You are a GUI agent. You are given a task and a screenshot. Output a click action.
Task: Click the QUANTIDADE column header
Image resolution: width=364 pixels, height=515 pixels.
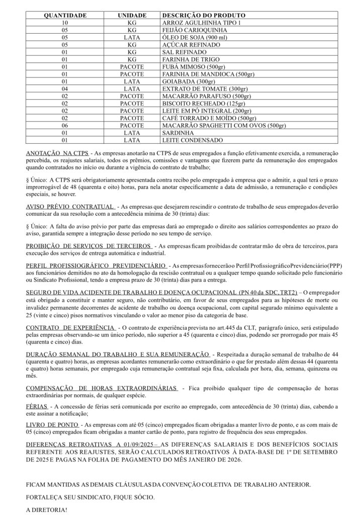(65, 16)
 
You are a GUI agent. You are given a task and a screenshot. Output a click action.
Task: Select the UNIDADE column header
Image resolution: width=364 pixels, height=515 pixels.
(132, 16)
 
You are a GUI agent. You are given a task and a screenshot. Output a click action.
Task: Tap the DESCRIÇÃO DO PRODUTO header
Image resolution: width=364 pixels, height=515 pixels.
(204, 16)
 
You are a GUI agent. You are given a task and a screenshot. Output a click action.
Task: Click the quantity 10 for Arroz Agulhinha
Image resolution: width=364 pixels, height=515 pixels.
(65, 23)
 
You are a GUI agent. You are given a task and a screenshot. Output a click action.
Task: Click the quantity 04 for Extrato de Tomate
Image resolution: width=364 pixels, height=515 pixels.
(65, 89)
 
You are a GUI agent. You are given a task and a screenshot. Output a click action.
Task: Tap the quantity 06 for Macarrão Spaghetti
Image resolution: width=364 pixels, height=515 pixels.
(65, 125)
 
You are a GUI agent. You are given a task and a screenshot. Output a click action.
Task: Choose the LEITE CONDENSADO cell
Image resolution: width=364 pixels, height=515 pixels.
(192, 140)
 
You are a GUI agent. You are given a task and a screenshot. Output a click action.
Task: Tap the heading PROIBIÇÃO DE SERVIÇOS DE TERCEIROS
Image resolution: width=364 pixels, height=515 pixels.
(88, 245)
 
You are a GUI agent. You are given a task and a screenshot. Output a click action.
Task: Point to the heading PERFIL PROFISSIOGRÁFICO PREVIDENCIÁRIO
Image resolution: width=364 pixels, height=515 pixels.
(96, 265)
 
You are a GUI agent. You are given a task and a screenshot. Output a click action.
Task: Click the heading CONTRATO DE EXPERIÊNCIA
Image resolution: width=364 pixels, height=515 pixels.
(71, 327)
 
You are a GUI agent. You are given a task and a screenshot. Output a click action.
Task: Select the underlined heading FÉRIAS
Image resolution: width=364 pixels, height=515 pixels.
(37, 405)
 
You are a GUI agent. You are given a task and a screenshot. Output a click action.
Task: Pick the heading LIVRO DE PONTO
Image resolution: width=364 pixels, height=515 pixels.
(52, 425)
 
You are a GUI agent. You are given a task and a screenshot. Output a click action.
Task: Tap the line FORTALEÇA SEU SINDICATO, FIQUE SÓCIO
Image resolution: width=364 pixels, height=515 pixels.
(90, 496)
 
